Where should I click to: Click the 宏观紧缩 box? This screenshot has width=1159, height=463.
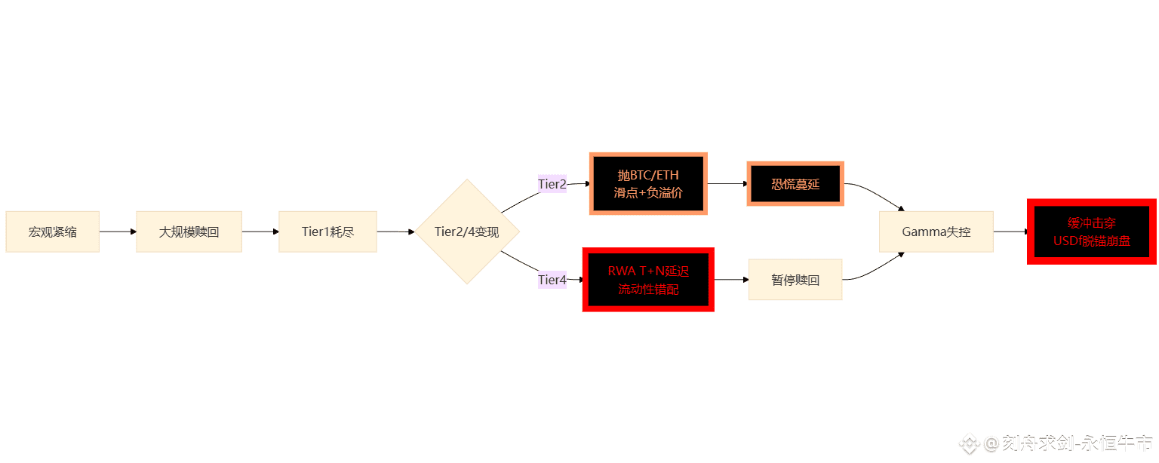53,231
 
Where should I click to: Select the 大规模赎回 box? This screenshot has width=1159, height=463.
189,231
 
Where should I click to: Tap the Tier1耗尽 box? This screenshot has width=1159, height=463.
327,231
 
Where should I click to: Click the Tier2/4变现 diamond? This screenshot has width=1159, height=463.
467,231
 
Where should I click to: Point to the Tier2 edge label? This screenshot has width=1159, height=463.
552,184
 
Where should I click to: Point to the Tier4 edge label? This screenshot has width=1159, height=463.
552,280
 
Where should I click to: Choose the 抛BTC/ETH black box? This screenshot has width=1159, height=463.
648,184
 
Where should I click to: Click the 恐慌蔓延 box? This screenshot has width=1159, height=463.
795,184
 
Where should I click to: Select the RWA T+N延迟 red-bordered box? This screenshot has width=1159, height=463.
648,280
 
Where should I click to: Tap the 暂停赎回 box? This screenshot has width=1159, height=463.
795,280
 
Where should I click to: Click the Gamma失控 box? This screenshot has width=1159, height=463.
936,231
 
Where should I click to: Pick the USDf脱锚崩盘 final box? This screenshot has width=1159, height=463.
1092,232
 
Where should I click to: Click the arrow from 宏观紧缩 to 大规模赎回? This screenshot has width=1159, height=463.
118,231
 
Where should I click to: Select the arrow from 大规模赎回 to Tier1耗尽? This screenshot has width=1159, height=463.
260,231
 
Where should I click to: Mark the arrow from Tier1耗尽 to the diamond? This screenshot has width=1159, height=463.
395,231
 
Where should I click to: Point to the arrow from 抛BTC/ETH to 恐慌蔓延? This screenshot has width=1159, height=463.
727,183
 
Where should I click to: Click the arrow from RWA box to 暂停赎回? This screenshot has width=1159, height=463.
731,280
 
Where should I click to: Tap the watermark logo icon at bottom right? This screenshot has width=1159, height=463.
970,444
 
